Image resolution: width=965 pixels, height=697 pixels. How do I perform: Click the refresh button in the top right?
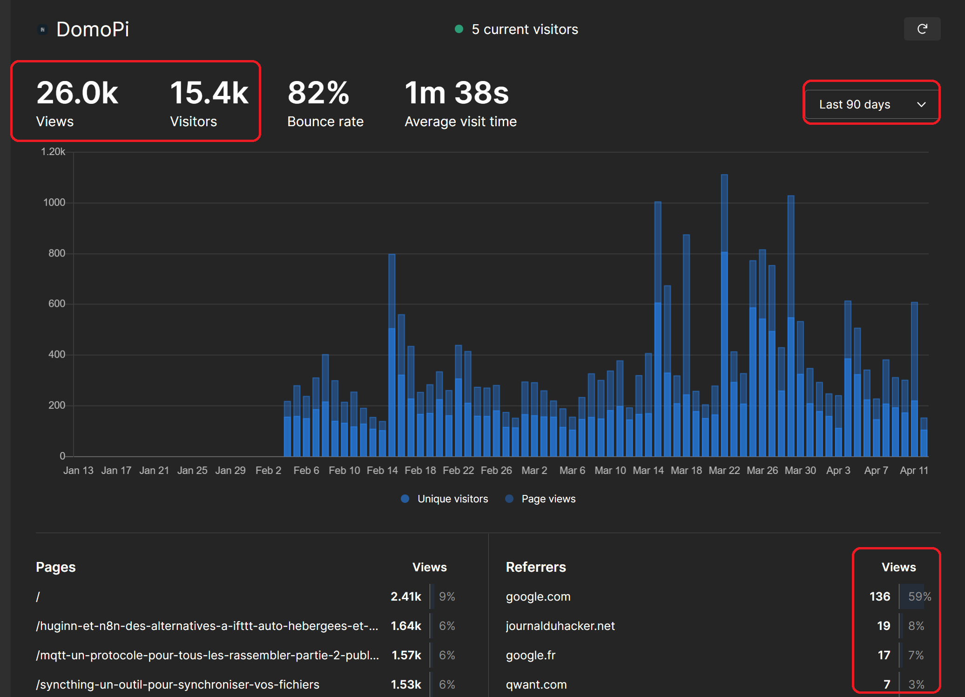pos(922,29)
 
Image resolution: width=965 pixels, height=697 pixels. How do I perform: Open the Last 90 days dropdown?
pos(871,104)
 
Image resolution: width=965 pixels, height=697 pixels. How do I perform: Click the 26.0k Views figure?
pos(77,93)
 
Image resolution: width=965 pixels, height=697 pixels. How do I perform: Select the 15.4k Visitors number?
pos(209,93)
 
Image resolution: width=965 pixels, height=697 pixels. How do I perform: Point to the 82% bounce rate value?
pos(318,93)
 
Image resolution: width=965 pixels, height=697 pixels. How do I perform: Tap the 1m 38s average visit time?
pos(457,93)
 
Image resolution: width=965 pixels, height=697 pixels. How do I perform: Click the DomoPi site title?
pos(93,29)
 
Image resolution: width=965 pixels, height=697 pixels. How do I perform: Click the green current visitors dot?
pos(459,29)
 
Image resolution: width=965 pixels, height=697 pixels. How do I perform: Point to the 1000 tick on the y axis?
pos(54,203)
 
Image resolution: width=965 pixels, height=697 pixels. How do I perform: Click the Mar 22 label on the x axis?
pos(724,470)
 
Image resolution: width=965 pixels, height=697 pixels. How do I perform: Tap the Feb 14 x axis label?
pos(382,470)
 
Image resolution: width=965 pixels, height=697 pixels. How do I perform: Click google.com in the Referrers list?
pos(538,596)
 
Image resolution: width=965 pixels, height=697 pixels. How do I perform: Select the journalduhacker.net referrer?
pos(560,626)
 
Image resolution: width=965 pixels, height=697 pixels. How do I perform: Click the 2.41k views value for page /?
pos(405,596)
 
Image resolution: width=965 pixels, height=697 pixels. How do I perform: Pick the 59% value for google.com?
pos(919,596)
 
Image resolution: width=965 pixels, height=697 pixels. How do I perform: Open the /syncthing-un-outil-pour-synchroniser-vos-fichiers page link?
pos(178,684)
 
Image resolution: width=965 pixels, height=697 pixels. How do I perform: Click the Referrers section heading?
pos(536,567)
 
